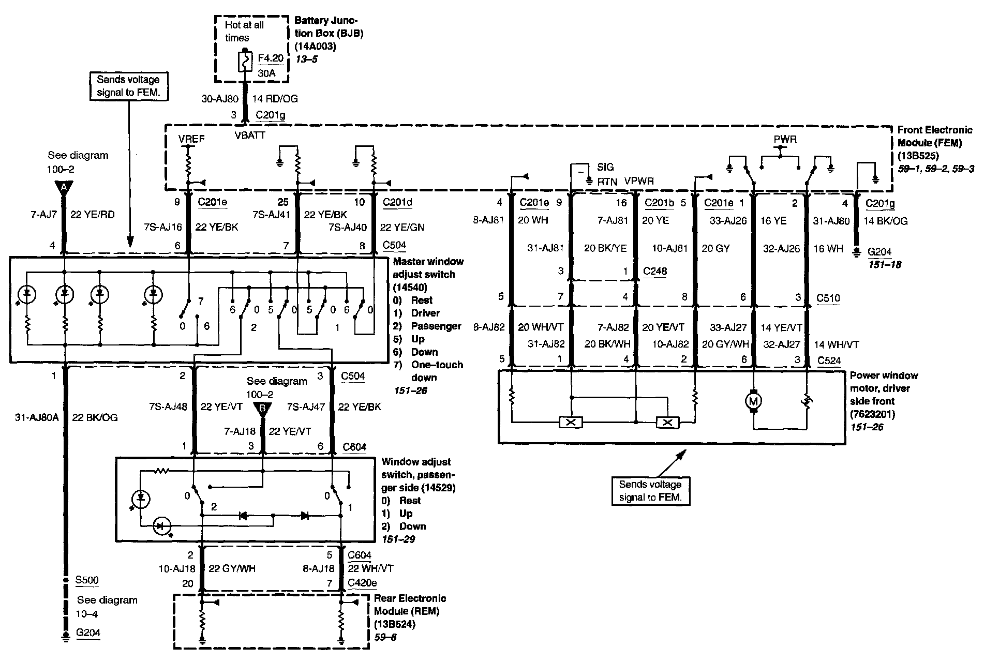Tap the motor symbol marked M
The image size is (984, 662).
pyautogui.click(x=753, y=400)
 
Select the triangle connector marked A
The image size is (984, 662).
pyautogui.click(x=64, y=187)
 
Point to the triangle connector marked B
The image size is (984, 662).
pyautogui.click(x=262, y=409)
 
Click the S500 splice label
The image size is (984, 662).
pyautogui.click(x=87, y=580)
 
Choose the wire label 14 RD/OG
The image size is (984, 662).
pyautogui.click(x=275, y=99)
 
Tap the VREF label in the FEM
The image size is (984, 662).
pyautogui.click(x=191, y=139)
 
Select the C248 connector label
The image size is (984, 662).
pyautogui.click(x=655, y=271)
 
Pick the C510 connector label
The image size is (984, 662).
pyautogui.click(x=828, y=298)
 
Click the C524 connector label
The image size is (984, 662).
pyautogui.click(x=829, y=360)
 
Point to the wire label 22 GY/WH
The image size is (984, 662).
pyautogui.click(x=232, y=568)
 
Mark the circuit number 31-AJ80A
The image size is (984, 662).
pyautogui.click(x=37, y=417)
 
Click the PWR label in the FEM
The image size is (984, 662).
pyautogui.click(x=785, y=140)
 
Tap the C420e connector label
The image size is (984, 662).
pyautogui.click(x=362, y=583)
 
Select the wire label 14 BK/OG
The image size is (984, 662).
pyautogui.click(x=886, y=221)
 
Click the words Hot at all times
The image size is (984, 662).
pyautogui.click(x=244, y=31)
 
